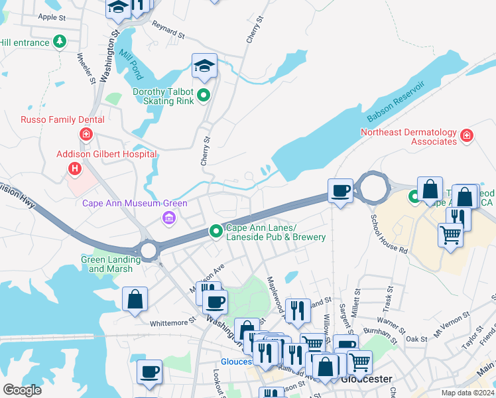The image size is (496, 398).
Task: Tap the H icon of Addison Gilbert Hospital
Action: pos(75,169)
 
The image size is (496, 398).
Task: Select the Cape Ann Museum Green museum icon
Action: pos(168,218)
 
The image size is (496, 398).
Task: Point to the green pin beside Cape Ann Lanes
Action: pos(216,232)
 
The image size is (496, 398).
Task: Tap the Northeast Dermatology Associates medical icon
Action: pos(467,136)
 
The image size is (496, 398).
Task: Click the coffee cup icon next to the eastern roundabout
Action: pos(341,190)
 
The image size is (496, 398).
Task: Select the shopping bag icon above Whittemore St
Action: pos(135,298)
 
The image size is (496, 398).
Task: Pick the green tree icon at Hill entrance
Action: pos(60,42)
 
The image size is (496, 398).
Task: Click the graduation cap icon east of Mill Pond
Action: pos(204,66)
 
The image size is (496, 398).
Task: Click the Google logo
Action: pos(22,390)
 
